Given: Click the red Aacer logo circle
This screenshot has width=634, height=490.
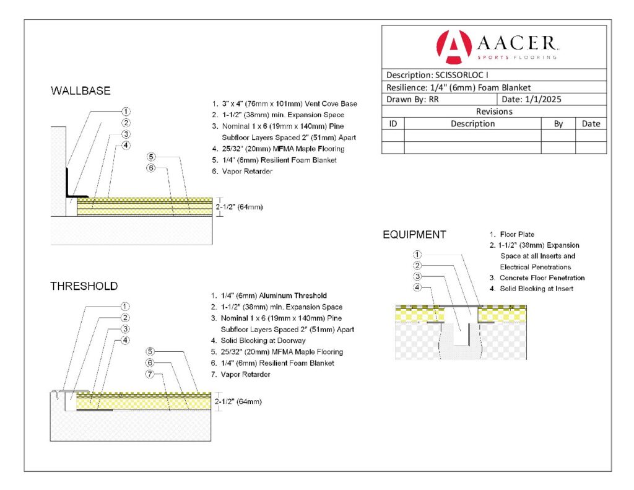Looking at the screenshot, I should point(454,47).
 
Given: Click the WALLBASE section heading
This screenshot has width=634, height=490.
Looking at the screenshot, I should point(80,91).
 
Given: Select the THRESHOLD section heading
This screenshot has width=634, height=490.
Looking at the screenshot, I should point(84,286).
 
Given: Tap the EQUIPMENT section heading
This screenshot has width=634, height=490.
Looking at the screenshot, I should point(414,235).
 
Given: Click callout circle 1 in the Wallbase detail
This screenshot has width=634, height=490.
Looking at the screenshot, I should point(126,112).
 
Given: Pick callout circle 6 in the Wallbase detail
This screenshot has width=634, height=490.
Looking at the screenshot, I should point(151,167).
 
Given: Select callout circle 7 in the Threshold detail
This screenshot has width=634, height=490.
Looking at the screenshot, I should point(151,374).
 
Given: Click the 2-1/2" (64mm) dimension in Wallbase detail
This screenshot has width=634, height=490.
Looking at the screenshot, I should point(239,206).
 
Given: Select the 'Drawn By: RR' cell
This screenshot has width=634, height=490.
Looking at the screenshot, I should point(412,99).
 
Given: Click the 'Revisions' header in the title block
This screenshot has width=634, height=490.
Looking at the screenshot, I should point(493,112).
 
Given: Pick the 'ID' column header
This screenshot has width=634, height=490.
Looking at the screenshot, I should point(393,123).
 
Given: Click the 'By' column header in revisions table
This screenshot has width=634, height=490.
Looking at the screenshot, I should point(558,123).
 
